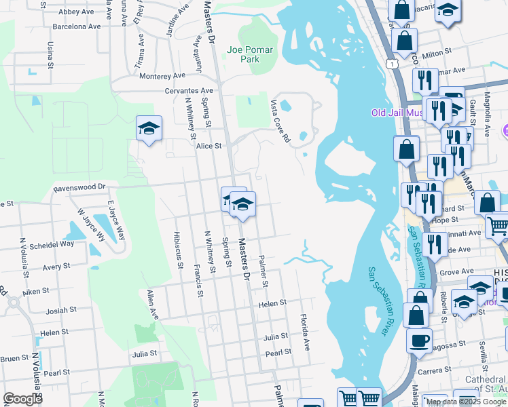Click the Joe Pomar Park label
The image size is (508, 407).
point(243,54)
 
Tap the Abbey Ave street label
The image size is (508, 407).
point(76,12)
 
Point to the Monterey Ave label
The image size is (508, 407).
point(162,76)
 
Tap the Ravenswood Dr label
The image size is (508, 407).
point(80,186)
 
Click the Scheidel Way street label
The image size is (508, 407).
point(57,244)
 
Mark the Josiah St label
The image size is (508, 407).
point(61,311)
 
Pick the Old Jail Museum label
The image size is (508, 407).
point(397,113)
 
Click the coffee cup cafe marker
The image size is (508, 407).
point(419,339)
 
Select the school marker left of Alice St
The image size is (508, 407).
point(149,128)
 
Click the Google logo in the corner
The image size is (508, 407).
point(22,399)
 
